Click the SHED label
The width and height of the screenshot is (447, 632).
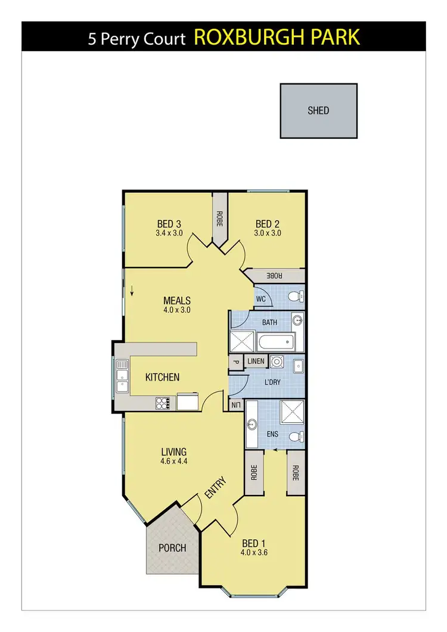[x=318, y=110]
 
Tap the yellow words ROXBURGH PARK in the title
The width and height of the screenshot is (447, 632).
[x=277, y=38]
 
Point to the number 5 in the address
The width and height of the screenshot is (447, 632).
[x=92, y=39]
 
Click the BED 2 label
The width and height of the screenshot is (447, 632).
[x=268, y=224]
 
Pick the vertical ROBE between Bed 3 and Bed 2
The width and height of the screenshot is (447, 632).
[x=219, y=222]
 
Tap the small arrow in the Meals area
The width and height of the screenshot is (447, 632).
[x=132, y=291]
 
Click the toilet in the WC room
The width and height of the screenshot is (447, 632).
[x=294, y=297]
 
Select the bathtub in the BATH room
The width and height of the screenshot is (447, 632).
[x=275, y=342]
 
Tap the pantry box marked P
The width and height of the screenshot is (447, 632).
[x=235, y=362]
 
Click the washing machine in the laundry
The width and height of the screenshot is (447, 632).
[x=276, y=362]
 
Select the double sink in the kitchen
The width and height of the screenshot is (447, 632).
[x=122, y=376]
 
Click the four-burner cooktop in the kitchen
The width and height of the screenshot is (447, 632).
[x=163, y=403]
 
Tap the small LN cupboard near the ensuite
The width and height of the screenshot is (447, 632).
[x=236, y=405]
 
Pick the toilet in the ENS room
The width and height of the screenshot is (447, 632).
[x=295, y=437]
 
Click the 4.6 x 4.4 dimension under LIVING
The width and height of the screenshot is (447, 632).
[x=173, y=461]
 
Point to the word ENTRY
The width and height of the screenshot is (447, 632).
[x=215, y=488]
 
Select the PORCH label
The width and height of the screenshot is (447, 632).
[x=172, y=547]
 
